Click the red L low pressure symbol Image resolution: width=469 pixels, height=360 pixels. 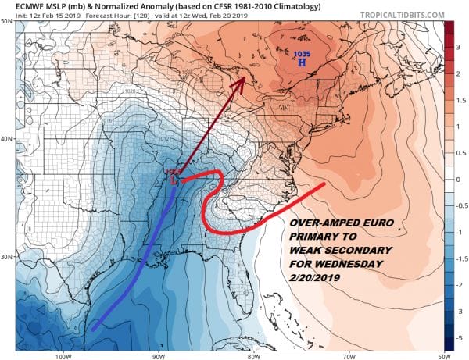[174, 180]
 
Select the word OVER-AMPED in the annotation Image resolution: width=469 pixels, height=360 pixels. [318, 224]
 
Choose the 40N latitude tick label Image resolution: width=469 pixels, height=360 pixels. [7, 139]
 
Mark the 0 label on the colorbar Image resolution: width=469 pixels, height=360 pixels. [458, 179]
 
